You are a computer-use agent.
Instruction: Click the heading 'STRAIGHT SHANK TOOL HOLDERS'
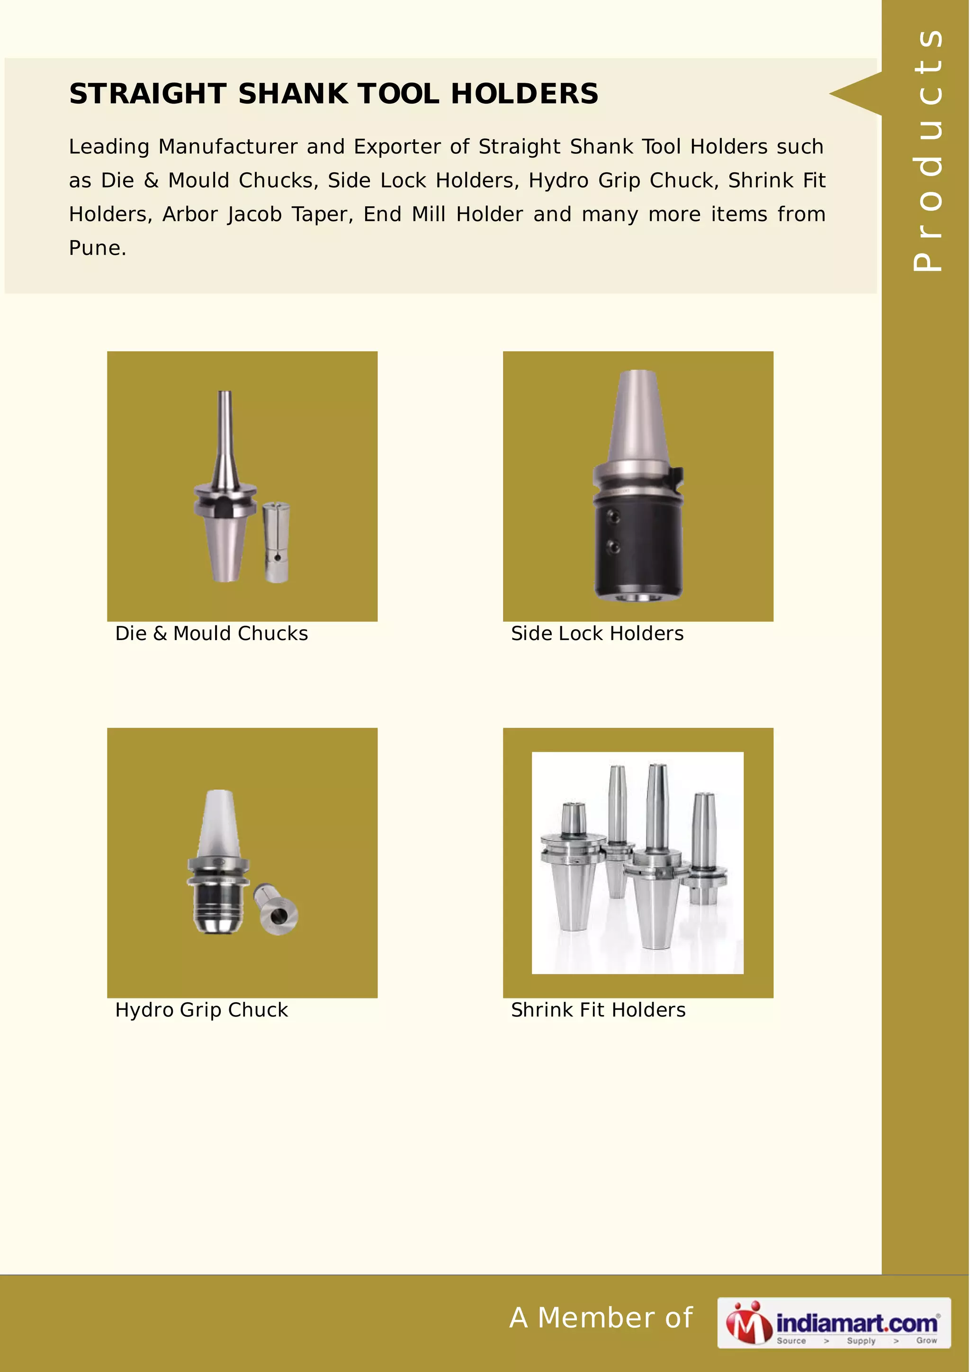pos(333,94)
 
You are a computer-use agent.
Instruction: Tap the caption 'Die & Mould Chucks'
pos(212,633)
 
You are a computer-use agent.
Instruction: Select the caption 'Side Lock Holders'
pos(597,633)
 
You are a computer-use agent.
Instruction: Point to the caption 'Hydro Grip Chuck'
pos(201,1010)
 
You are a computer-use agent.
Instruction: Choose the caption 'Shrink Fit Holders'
pos(598,1010)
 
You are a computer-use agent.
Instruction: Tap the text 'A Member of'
pos(601,1318)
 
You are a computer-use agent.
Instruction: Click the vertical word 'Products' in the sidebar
pos(927,150)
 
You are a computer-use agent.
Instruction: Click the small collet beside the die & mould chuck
pos(276,542)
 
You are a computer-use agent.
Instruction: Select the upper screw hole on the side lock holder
pos(612,515)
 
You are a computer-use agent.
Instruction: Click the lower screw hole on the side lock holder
pos(612,545)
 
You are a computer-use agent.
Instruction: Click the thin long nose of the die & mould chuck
pos(225,424)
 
